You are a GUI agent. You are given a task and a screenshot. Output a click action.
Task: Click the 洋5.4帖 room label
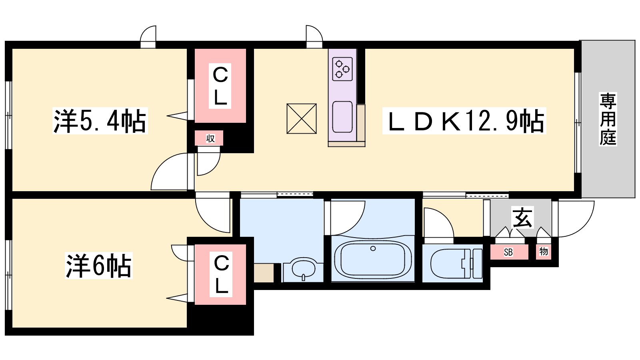pyautogui.click(x=100, y=120)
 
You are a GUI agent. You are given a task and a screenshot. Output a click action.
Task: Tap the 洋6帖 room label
pyautogui.click(x=98, y=266)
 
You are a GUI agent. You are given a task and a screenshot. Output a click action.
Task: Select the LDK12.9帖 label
pyautogui.click(x=464, y=120)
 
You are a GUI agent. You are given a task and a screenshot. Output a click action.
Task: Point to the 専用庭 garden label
pyautogui.click(x=608, y=119)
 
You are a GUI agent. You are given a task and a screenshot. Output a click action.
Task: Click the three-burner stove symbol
pyautogui.click(x=342, y=69)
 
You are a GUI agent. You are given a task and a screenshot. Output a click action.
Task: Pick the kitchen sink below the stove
pyautogui.click(x=342, y=117)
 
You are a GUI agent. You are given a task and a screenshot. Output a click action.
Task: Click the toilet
pyautogui.click(x=456, y=263)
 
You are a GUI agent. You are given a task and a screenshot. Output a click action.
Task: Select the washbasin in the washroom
pyautogui.click(x=304, y=268)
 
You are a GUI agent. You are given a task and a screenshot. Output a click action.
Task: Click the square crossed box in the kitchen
pyautogui.click(x=302, y=118)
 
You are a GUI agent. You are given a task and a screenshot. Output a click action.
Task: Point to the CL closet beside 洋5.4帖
pyautogui.click(x=220, y=86)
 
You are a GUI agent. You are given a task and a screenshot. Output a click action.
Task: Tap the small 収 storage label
pyautogui.click(x=210, y=138)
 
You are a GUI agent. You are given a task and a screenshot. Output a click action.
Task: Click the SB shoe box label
pyautogui.click(x=508, y=252)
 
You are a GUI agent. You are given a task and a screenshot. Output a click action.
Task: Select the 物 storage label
pyautogui.click(x=544, y=252)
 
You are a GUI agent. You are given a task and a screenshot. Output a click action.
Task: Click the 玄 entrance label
pyautogui.click(x=523, y=218)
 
